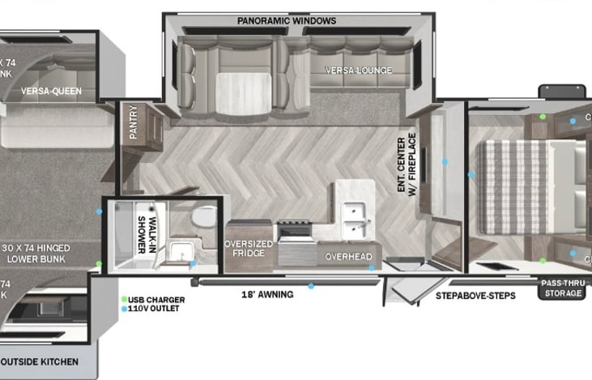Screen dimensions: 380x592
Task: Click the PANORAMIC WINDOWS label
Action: click(286, 20)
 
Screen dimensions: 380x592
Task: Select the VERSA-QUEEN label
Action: click(51, 91)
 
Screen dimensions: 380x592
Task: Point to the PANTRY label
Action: click(134, 122)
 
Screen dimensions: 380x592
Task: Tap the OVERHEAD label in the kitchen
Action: click(348, 257)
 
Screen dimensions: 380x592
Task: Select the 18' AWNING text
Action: click(266, 294)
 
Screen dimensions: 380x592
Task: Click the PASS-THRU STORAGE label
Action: click(562, 288)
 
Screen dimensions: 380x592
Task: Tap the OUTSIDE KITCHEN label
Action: click(40, 361)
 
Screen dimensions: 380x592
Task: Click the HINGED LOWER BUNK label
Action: click(47, 253)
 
